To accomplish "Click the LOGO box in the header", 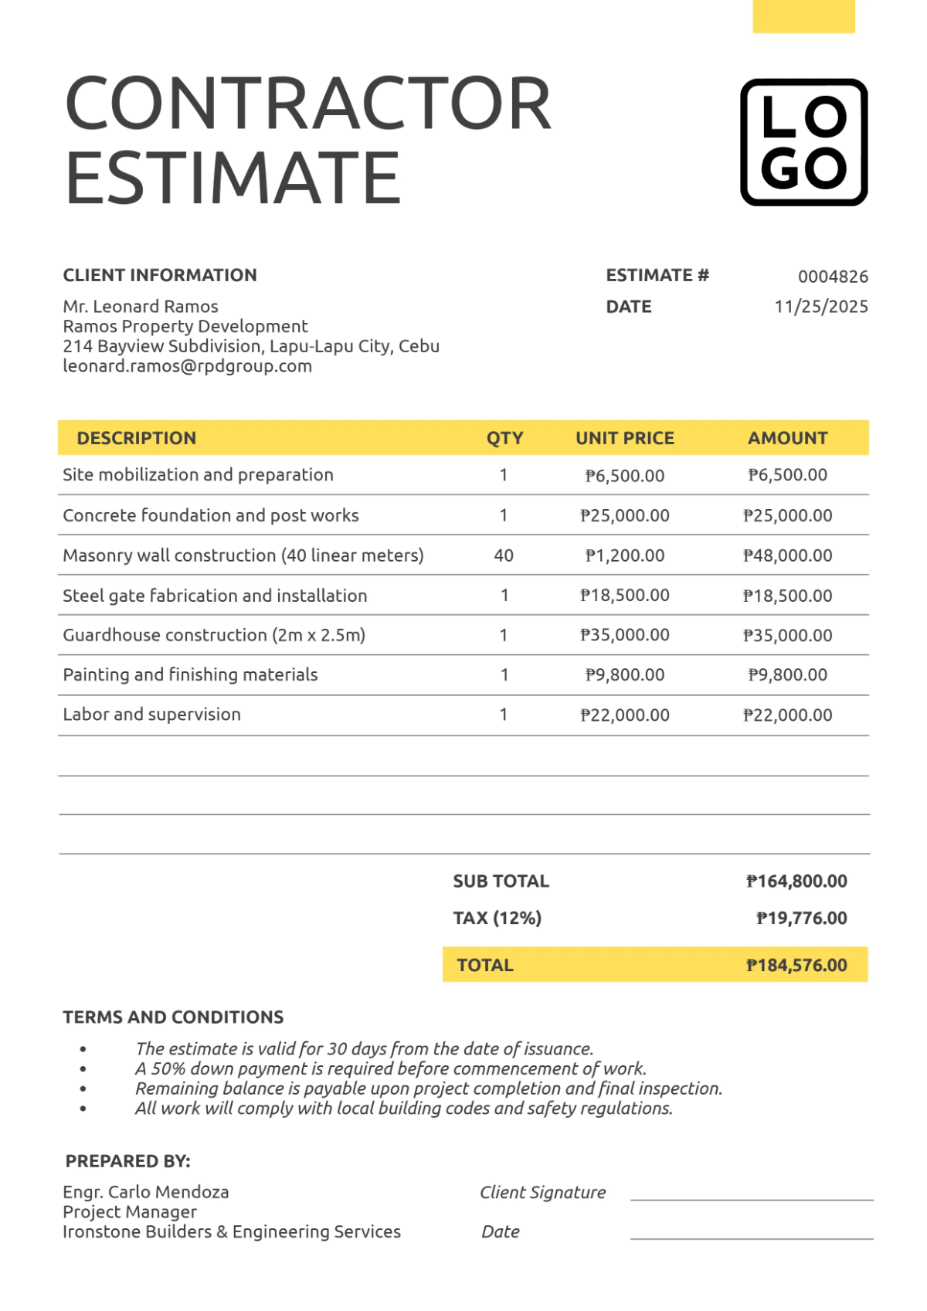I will [x=803, y=142].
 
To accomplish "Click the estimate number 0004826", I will [x=833, y=277].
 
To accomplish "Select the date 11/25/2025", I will [x=821, y=307].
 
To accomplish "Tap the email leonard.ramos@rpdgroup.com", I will [x=188, y=366].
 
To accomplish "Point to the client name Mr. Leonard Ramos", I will [x=141, y=307].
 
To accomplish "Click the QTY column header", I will [x=504, y=438].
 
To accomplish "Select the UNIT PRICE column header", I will [x=624, y=438].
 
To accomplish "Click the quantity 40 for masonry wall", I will [x=504, y=555].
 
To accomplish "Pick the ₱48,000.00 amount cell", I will [x=787, y=555].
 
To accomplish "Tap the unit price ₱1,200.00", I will [x=624, y=555].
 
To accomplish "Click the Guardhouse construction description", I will [x=214, y=635].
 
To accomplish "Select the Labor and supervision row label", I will [x=152, y=715].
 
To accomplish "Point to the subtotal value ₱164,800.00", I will [x=796, y=881].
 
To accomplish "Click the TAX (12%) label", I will [x=497, y=919].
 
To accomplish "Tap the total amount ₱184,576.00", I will [x=796, y=965].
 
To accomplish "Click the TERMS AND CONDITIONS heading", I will [x=173, y=1017].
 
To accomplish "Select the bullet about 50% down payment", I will [x=390, y=1069].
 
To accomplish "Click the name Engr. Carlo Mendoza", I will [x=146, y=1192].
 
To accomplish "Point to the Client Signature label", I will [x=542, y=1192].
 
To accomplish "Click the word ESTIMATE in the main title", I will [x=233, y=179].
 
